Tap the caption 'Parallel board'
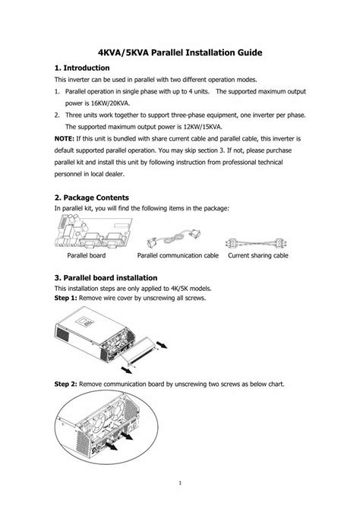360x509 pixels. [x=86, y=256]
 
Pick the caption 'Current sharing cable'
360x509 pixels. [x=258, y=256]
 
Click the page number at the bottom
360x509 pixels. [x=179, y=482]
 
